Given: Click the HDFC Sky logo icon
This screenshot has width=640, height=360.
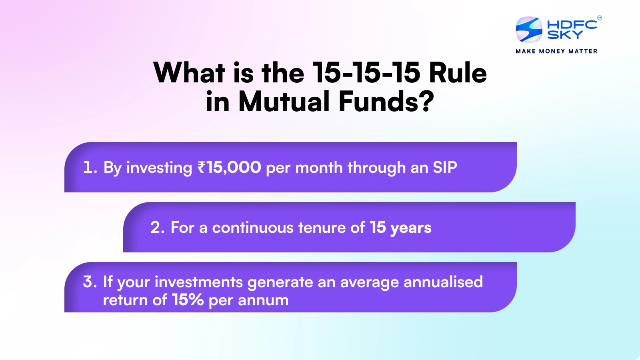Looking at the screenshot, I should (x=529, y=30).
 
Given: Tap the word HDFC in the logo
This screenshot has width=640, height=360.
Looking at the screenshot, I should (x=572, y=24).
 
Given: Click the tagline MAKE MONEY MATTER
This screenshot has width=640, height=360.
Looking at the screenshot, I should (x=556, y=51).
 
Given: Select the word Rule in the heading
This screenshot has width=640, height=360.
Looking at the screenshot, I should (x=458, y=73).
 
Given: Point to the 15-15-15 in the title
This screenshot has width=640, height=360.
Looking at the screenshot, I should (x=366, y=73).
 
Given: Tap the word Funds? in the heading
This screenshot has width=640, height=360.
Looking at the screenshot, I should (x=386, y=102).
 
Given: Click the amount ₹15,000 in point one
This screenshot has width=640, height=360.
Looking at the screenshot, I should (x=229, y=167).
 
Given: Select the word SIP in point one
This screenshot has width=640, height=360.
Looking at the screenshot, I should (x=445, y=167).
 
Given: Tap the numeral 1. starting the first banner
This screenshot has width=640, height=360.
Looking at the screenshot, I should (x=90, y=167).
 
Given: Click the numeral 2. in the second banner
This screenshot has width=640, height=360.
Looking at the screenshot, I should (x=158, y=227).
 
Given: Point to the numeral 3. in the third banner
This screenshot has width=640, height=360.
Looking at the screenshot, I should (x=90, y=282).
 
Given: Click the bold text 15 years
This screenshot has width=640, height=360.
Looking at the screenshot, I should (x=400, y=228).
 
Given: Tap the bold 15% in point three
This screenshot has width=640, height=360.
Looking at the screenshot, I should (x=188, y=300).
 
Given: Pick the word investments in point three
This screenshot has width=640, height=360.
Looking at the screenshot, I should (x=199, y=282).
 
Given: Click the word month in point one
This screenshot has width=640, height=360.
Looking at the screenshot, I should (x=319, y=167).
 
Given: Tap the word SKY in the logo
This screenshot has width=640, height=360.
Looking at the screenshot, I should (x=565, y=35).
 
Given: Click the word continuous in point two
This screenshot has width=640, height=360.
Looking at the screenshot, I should (x=253, y=228).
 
